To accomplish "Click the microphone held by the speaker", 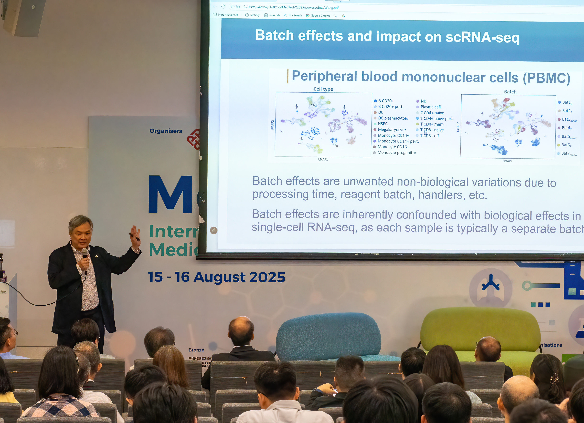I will [85, 253].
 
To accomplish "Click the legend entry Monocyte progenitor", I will [397, 153].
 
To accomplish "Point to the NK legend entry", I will [423, 101].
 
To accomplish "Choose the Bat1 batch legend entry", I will [567, 102].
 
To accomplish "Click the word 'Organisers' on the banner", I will [166, 131].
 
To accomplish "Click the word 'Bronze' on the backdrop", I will [196, 350].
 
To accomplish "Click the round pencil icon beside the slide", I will [214, 230].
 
